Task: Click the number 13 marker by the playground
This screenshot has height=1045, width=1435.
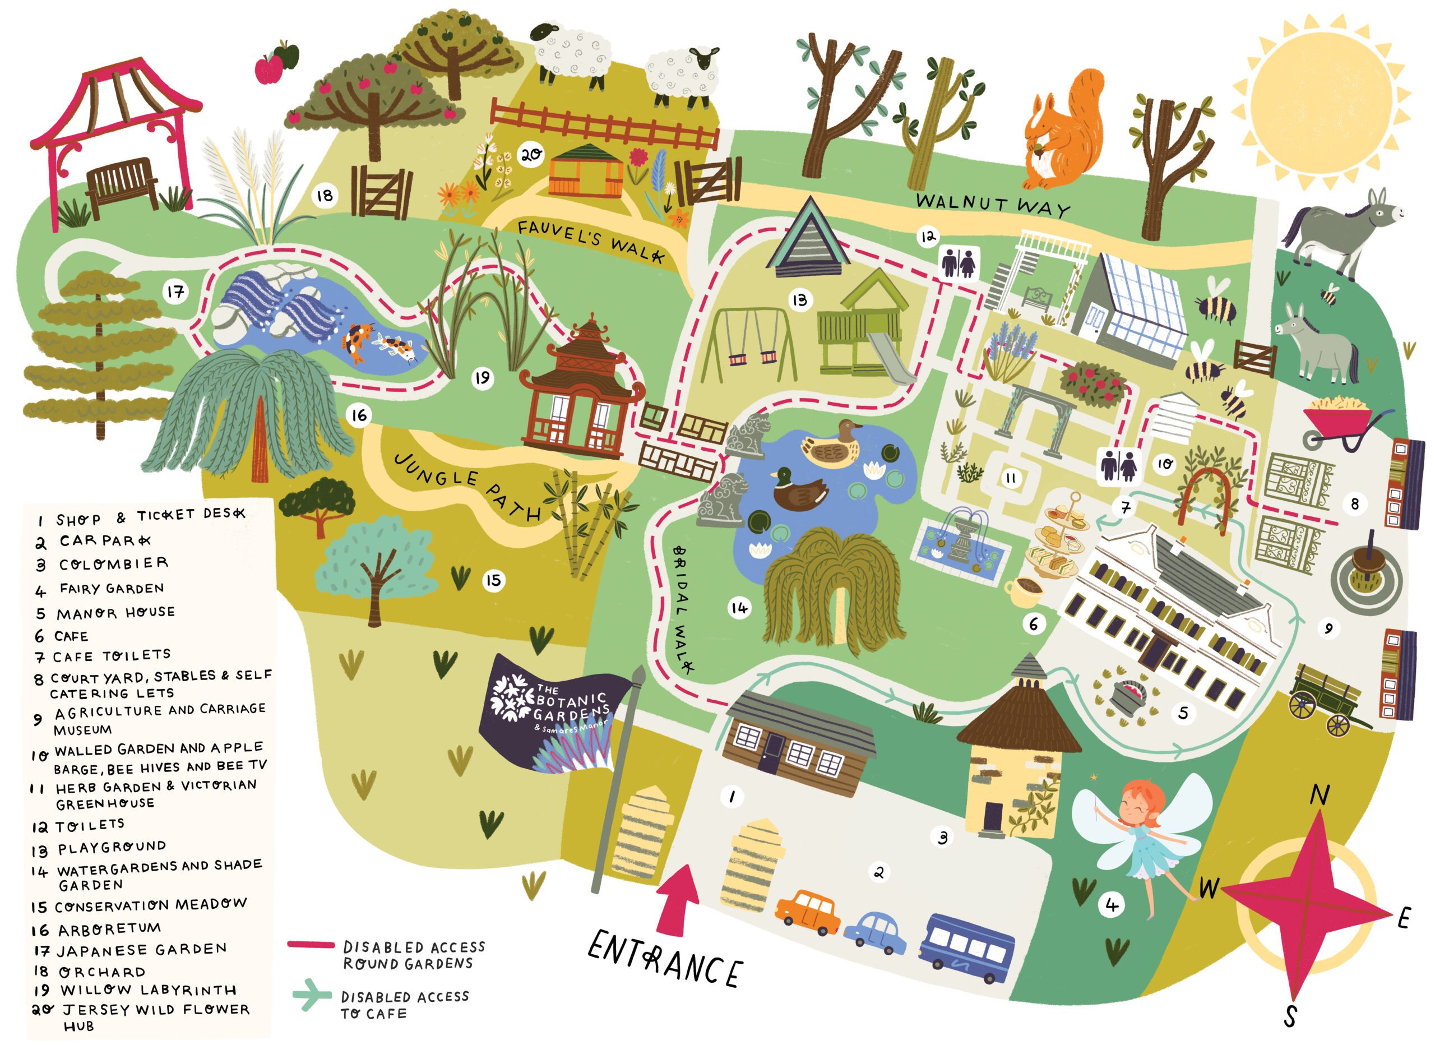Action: coord(800,299)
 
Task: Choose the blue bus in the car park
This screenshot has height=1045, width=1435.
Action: coord(966,947)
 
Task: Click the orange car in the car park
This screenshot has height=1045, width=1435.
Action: coord(808,912)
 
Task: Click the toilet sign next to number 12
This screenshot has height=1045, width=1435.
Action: coord(959,263)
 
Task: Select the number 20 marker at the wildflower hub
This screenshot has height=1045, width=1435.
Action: coord(530,154)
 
